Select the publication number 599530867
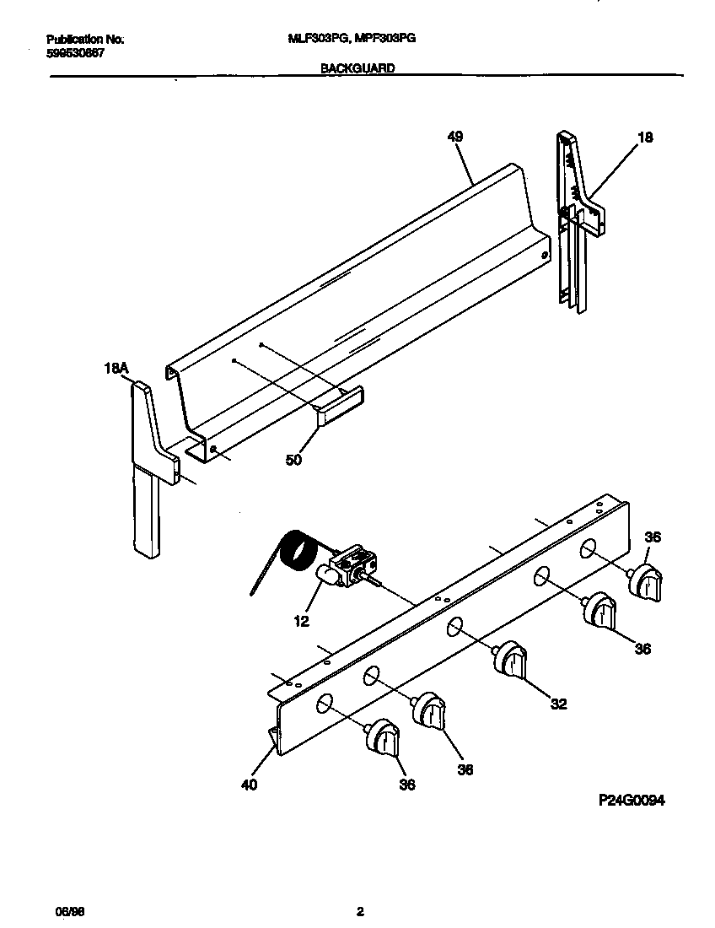[x=76, y=52]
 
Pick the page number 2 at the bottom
[x=360, y=912]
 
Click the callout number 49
[x=455, y=137]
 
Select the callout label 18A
[x=116, y=368]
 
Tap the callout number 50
[x=293, y=460]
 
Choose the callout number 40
[x=249, y=784]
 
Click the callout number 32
[x=558, y=704]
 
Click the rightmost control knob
[x=648, y=583]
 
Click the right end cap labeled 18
[x=578, y=219]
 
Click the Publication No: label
[x=85, y=39]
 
